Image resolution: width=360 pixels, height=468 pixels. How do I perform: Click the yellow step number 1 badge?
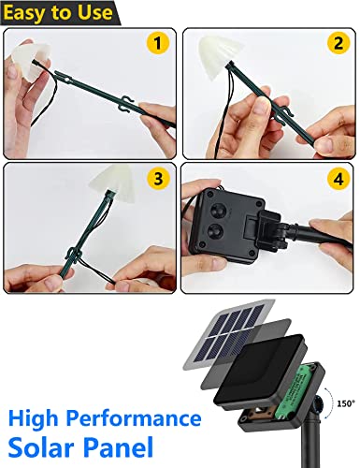coord(158,43)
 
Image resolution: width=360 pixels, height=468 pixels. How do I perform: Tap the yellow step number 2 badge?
coord(338,43)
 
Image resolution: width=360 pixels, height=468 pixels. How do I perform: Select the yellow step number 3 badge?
coord(158,179)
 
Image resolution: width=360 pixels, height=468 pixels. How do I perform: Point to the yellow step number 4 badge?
coord(338,179)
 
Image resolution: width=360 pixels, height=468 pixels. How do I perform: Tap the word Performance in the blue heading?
coord(134,418)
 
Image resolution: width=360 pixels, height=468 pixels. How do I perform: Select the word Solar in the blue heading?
coord(40,447)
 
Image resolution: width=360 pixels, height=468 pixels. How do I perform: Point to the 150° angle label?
coord(346,403)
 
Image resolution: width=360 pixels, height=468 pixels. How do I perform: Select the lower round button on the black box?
coord(216,231)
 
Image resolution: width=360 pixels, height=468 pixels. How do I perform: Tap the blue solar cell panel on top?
coord(230,334)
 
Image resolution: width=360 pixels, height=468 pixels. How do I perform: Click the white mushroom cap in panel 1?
coord(30,61)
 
